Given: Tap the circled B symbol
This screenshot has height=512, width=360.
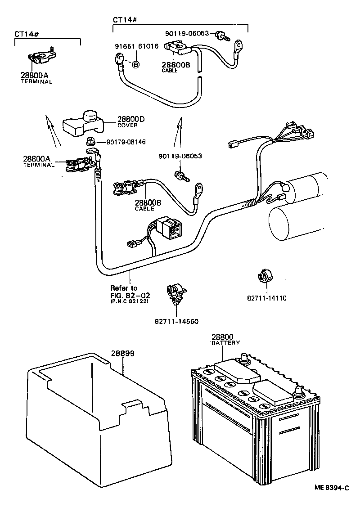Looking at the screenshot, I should (x=135, y=65).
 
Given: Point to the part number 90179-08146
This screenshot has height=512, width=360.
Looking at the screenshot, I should (x=126, y=142).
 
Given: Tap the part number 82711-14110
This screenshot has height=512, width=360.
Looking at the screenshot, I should (x=266, y=298).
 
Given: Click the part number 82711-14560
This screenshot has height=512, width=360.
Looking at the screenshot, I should (x=176, y=321).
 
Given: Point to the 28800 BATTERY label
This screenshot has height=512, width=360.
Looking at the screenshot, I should (x=225, y=339).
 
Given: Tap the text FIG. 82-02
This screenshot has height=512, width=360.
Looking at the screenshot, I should (x=130, y=295).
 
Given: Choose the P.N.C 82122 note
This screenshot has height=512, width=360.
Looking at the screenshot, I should (x=130, y=301).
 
